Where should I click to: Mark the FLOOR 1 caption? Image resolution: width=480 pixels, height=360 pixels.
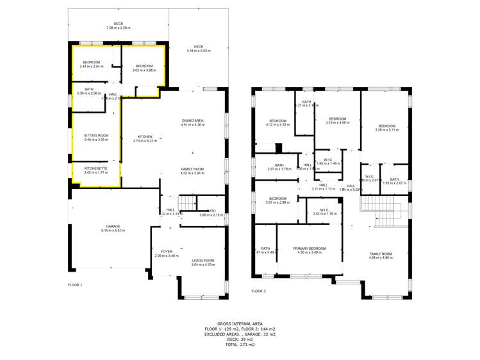point(76,284)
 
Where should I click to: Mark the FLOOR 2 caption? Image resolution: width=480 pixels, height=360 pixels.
point(258,291)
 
